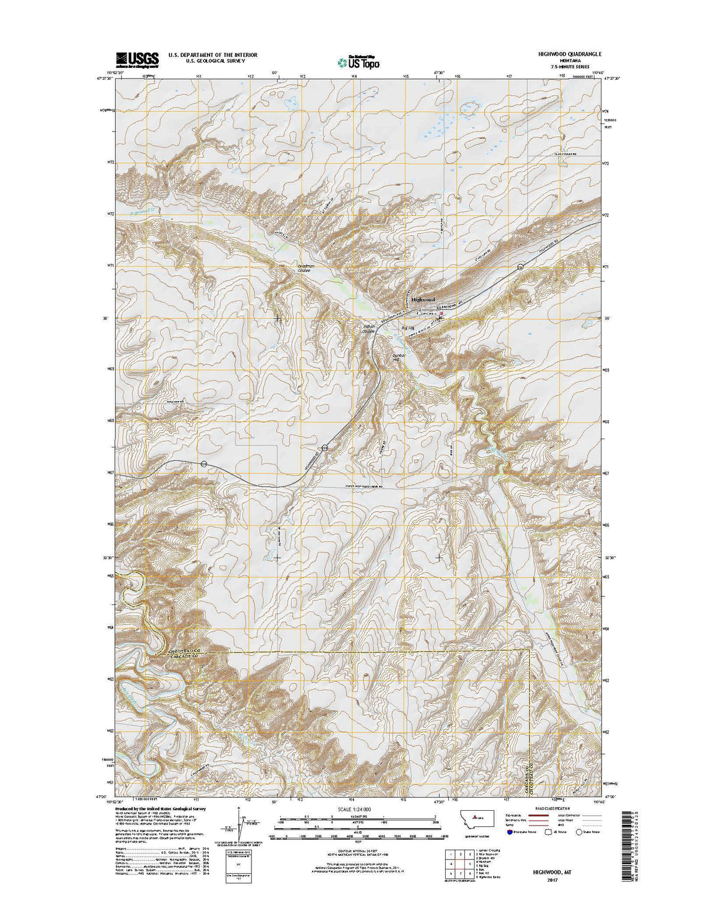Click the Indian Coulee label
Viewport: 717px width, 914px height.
click(x=369, y=330)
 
